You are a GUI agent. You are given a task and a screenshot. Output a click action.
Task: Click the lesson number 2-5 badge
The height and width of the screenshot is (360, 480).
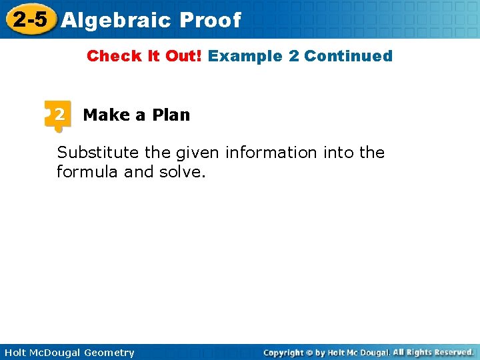29,19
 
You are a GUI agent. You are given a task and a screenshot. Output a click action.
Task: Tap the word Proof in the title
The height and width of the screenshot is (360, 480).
210,21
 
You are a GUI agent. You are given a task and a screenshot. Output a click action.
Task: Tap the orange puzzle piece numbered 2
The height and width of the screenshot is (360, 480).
58,115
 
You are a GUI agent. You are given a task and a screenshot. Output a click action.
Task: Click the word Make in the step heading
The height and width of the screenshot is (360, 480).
106,115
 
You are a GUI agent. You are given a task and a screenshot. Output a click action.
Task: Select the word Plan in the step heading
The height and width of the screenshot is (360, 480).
171,115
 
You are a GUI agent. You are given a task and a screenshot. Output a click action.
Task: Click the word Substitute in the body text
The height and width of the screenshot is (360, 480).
98,153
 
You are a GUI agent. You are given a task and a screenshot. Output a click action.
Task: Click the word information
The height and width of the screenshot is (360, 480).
271,153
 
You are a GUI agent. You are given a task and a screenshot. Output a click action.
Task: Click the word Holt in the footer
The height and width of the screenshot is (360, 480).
15,353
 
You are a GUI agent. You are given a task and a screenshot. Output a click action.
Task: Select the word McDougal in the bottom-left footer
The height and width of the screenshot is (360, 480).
55,353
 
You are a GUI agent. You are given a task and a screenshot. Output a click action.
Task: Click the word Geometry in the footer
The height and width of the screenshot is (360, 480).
109,353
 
